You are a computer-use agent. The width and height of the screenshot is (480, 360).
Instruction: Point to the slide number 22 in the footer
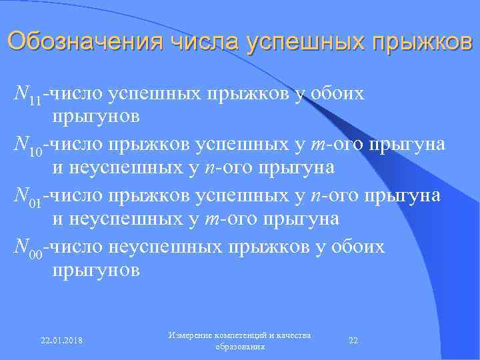[x=354, y=341]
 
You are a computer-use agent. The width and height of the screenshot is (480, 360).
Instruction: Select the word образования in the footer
[x=241, y=347]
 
